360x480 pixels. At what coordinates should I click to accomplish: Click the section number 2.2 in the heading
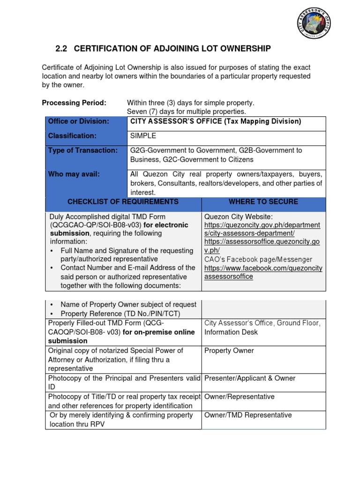pyautogui.click(x=62, y=48)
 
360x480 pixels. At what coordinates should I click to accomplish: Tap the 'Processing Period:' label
pyautogui.click(x=74, y=103)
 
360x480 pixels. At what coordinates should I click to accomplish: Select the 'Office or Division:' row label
pyautogui.click(x=78, y=121)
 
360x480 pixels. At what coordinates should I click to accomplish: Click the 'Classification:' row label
pyautogui.click(x=72, y=136)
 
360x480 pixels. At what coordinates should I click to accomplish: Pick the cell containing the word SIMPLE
pyautogui.click(x=142, y=136)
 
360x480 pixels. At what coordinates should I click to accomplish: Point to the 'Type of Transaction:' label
pyautogui.click(x=82, y=150)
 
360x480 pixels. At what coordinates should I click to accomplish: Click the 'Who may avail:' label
pyautogui.click(x=74, y=174)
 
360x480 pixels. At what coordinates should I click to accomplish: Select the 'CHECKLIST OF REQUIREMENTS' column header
pyautogui.click(x=123, y=202)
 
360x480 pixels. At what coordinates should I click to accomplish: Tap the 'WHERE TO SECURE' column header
pyautogui.click(x=263, y=202)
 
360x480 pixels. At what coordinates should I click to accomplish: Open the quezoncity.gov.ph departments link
pyautogui.click(x=262, y=229)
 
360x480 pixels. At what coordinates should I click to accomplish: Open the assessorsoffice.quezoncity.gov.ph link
pyautogui.click(x=262, y=246)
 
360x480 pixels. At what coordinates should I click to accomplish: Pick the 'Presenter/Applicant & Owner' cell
pyautogui.click(x=250, y=378)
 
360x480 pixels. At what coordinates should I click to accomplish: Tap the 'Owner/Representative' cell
pyautogui.click(x=239, y=397)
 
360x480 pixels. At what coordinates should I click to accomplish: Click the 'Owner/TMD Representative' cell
pyautogui.click(x=248, y=415)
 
